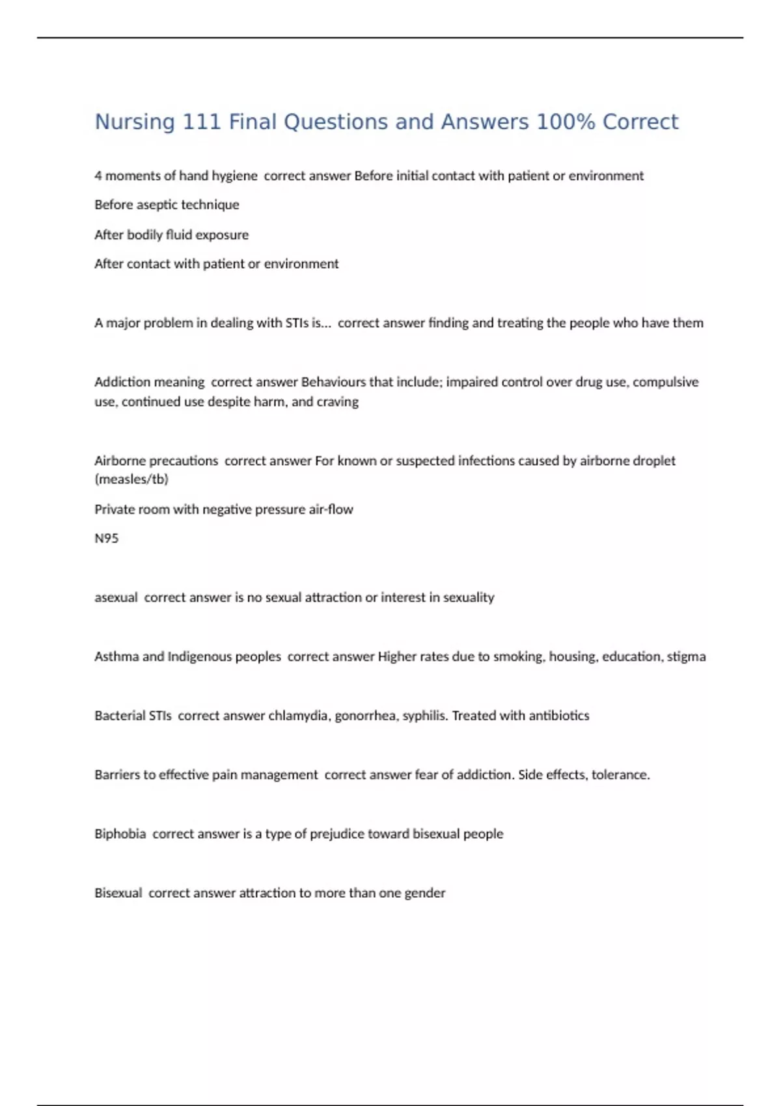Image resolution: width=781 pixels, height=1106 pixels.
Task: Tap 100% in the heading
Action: (x=565, y=122)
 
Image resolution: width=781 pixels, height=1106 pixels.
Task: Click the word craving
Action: (x=337, y=402)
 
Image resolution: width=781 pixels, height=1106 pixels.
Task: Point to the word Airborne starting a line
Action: (x=121, y=461)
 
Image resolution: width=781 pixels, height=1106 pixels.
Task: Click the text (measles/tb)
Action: (x=131, y=479)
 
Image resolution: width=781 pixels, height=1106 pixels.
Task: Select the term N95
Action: (x=107, y=538)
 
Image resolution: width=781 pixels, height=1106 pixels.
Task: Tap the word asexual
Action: (x=116, y=597)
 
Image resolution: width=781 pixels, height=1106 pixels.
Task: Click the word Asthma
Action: (x=116, y=656)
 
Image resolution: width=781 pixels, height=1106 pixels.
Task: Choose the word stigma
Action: (x=686, y=656)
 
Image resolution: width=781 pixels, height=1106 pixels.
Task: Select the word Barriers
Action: (x=116, y=775)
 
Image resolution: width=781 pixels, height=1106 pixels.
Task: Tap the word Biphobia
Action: (x=120, y=834)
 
